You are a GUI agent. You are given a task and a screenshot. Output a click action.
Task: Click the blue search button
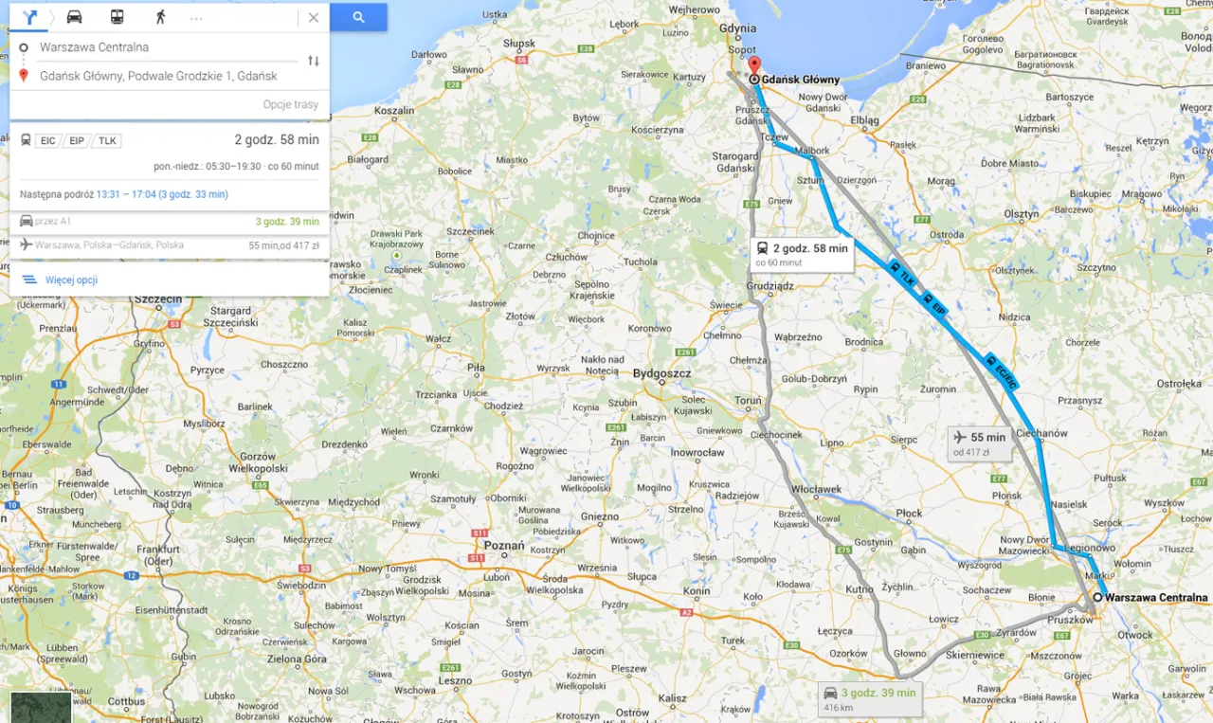tap(358, 17)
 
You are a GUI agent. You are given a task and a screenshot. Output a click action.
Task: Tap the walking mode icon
tap(160, 17)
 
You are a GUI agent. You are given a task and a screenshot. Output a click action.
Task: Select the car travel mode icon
tap(74, 17)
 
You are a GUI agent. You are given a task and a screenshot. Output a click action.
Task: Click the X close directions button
tap(314, 17)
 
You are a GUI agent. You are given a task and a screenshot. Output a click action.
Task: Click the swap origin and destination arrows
tap(314, 61)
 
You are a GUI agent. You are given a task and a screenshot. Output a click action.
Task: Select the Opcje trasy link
tap(290, 104)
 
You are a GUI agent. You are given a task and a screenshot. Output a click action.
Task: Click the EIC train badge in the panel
tap(48, 141)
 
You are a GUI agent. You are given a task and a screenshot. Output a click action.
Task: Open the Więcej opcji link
tap(71, 280)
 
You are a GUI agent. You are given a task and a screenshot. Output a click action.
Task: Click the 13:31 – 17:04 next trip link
tap(161, 194)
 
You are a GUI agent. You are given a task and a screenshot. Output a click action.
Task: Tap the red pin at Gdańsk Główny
tap(754, 66)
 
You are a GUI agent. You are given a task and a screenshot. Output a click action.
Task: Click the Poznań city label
tap(503, 546)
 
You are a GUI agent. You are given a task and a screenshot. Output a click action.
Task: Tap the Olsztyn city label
tap(1023, 215)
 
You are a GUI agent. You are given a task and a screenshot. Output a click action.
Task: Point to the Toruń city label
tap(748, 400)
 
